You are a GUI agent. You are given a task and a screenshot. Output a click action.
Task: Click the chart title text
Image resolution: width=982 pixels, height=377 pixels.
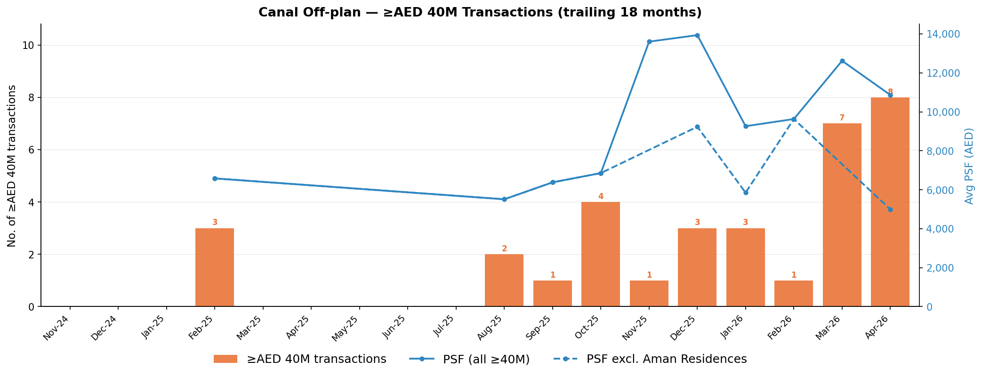pyautogui.click(x=480, y=13)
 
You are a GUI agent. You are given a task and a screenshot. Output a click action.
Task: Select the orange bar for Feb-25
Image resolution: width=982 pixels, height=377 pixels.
pyautogui.click(x=215, y=267)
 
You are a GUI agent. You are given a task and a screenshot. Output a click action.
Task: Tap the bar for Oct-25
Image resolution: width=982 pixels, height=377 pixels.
pyautogui.click(x=601, y=254)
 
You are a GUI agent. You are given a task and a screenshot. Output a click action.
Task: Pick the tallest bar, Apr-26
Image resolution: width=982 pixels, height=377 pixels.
pyautogui.click(x=890, y=202)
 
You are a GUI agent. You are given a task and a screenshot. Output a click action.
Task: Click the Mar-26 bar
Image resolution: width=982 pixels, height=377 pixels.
pyautogui.click(x=842, y=215)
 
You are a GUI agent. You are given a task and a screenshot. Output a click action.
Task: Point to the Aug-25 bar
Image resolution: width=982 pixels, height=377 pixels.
pyautogui.click(x=504, y=281)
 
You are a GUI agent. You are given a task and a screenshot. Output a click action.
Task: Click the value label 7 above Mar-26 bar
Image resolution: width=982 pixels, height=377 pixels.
pyautogui.click(x=842, y=118)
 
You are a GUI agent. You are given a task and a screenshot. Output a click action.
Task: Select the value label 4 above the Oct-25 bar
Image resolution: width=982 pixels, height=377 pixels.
pyautogui.click(x=601, y=197)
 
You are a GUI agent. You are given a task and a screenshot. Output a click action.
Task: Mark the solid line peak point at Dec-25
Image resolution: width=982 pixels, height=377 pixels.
pyautogui.click(x=697, y=35)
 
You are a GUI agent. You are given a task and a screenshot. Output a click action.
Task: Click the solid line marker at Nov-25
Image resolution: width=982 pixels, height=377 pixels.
pyautogui.click(x=649, y=41)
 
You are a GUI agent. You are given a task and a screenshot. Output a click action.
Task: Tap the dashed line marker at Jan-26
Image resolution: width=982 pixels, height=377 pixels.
pyautogui.click(x=746, y=193)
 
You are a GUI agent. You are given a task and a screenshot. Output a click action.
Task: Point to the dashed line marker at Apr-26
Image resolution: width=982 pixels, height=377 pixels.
pyautogui.click(x=890, y=209)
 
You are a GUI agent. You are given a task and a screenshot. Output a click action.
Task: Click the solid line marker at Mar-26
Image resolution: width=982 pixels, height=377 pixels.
pyautogui.click(x=842, y=61)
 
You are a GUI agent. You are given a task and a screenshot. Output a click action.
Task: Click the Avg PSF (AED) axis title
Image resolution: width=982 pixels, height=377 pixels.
pyautogui.click(x=969, y=166)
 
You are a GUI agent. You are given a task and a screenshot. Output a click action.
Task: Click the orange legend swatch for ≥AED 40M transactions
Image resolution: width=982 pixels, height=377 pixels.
pyautogui.click(x=225, y=359)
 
